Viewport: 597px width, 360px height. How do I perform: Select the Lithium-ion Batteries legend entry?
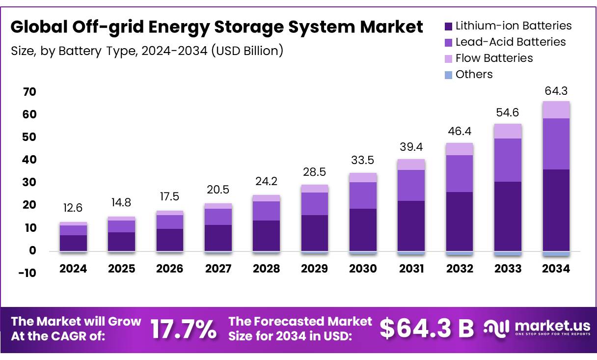513,26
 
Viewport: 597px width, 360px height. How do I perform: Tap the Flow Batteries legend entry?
493,58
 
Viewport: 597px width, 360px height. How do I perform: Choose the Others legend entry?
473,74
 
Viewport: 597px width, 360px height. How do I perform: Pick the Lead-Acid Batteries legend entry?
510,42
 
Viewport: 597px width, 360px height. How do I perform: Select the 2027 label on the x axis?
218,269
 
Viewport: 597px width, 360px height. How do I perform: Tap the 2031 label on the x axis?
411,269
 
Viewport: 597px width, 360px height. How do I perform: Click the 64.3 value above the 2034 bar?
556,91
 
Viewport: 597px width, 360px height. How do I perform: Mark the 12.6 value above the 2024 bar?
73,208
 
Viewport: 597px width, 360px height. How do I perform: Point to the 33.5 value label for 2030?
363,160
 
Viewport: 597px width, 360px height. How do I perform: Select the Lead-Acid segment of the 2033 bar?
508,160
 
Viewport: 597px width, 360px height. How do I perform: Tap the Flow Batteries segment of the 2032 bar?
460,149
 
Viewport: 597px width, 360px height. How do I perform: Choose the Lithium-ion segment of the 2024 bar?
73,243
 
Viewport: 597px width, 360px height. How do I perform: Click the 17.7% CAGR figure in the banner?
183,330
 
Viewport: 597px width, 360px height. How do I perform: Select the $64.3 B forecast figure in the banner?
427,329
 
